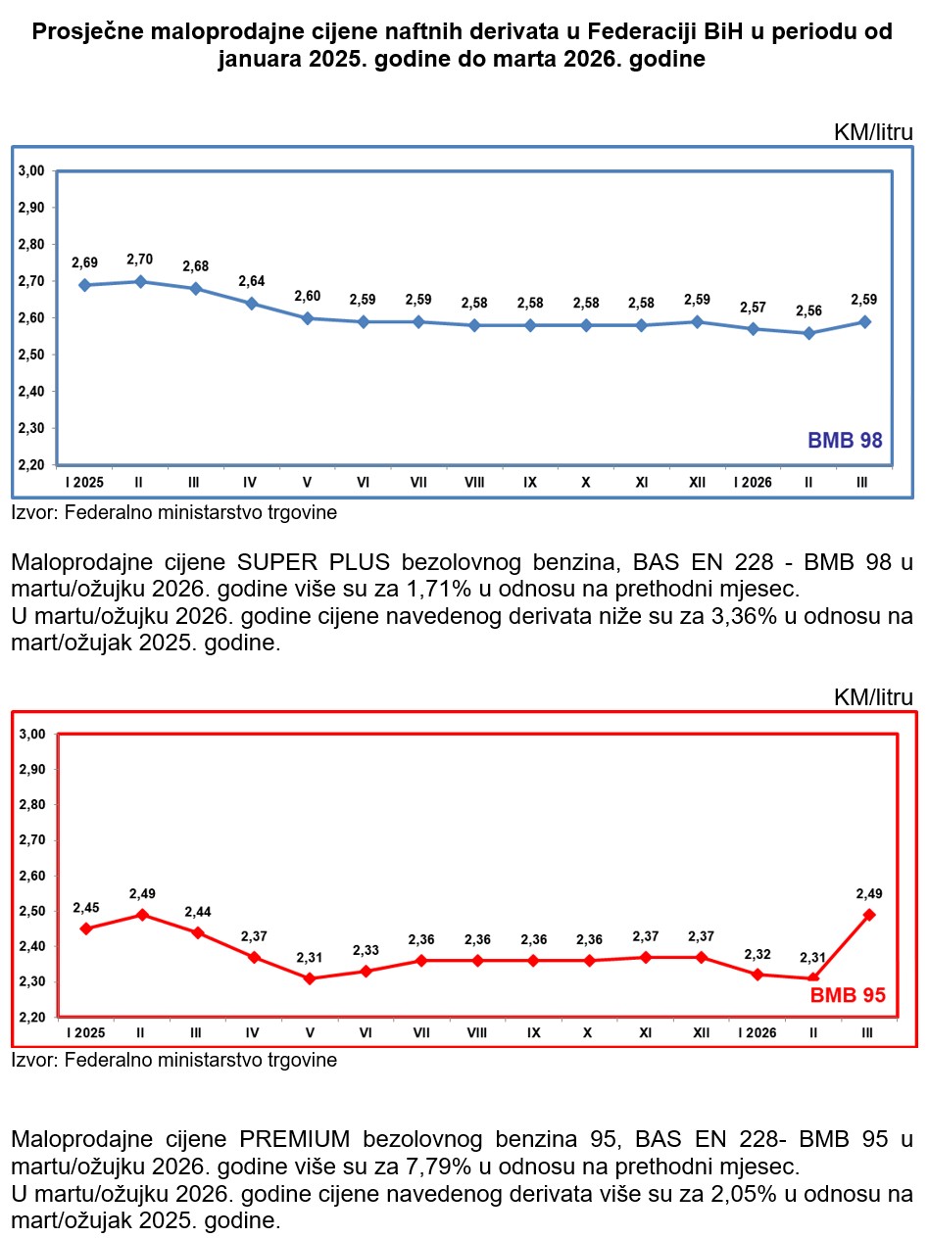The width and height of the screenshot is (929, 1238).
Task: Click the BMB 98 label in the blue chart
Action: (845, 441)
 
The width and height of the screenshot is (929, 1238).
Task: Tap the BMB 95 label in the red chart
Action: (848, 996)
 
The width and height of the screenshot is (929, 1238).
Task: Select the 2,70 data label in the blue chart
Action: (141, 260)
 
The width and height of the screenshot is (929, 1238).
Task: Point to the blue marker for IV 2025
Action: (252, 304)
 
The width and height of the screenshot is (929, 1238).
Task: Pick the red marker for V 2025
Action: (310, 978)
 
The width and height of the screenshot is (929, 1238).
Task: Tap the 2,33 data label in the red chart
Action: (366, 951)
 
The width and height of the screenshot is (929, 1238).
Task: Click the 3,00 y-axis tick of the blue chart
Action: (32, 171)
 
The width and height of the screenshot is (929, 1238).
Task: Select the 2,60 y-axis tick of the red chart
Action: (32, 876)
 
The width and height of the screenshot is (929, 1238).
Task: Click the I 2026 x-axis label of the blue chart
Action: (754, 483)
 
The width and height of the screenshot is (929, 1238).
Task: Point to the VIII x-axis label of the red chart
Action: (477, 1033)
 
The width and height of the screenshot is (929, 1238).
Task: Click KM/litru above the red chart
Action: (873, 697)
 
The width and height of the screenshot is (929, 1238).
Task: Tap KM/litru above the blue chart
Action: (873, 132)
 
